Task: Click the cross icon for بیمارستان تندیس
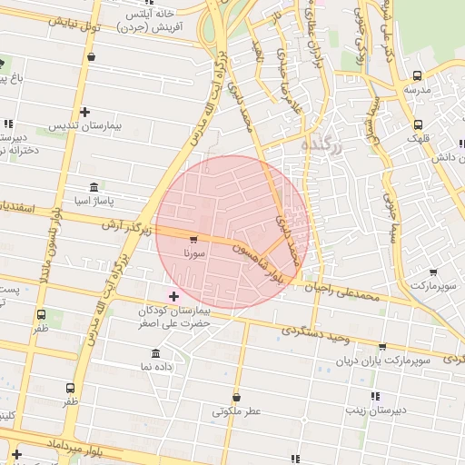(84, 113)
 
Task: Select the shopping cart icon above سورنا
(193, 241)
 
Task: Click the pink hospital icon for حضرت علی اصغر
(173, 296)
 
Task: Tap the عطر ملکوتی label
(236, 411)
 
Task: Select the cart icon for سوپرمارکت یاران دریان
(382, 347)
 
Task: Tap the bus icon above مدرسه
(417, 76)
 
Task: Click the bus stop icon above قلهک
(417, 124)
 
